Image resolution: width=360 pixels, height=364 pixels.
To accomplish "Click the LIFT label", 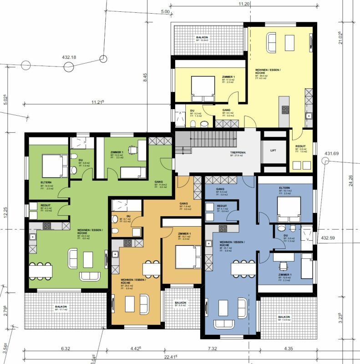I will pyautogui.click(x=273, y=150).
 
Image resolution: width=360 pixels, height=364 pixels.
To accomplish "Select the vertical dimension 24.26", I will pyautogui.click(x=350, y=175).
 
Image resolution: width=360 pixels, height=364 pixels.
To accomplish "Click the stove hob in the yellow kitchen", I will pyautogui.click(x=286, y=109).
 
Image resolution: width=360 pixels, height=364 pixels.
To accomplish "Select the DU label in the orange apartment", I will pyautogui.click(x=129, y=215).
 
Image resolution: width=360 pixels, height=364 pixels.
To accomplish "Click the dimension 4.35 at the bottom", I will pyautogui.click(x=289, y=349).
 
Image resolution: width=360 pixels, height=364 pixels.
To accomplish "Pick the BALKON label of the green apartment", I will pyautogui.click(x=61, y=307).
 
